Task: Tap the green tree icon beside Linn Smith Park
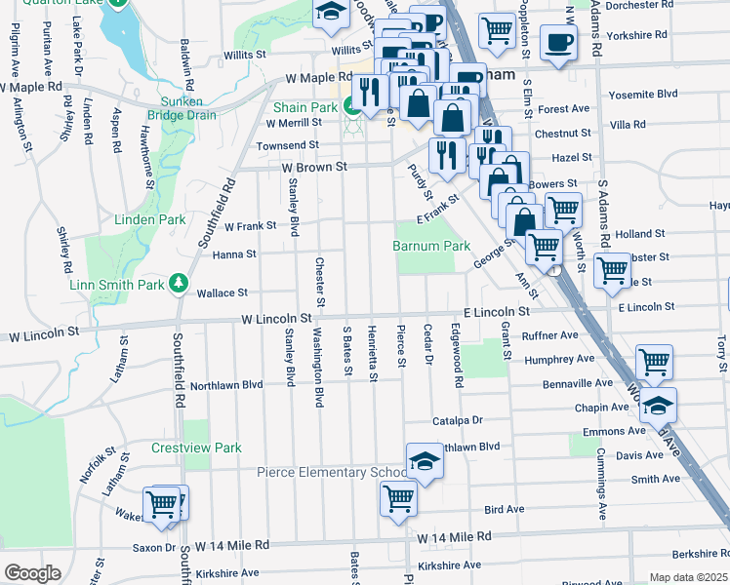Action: [x=179, y=284]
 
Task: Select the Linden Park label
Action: [x=151, y=220]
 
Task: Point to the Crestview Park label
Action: [x=196, y=448]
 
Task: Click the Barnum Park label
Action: [x=431, y=247]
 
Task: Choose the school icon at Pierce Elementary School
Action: [x=425, y=461]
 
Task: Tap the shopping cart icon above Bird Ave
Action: [x=399, y=497]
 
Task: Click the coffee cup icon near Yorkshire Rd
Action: [x=558, y=44]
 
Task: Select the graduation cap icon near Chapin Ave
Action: [x=659, y=404]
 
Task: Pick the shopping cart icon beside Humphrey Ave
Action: [x=654, y=362]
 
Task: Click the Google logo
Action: [x=31, y=573]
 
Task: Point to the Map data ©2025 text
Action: [x=688, y=577]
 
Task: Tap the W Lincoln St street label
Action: [x=277, y=319]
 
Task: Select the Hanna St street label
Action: [x=235, y=253]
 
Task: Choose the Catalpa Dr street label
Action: [x=458, y=421]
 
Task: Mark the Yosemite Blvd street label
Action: [x=642, y=96]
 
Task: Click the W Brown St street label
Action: [x=314, y=167]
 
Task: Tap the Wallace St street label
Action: [x=223, y=292]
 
